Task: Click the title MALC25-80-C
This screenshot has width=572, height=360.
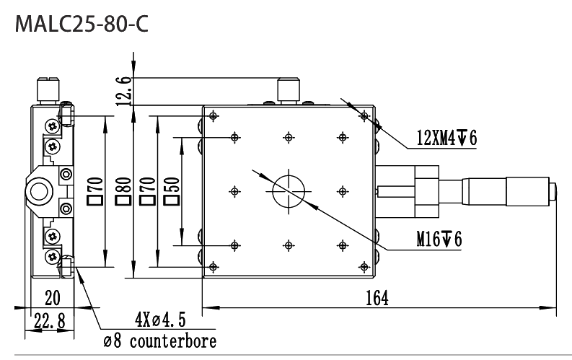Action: coord(82,25)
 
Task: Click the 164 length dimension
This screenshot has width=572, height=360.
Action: coord(377,298)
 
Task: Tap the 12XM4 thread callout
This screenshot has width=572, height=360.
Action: coord(447,139)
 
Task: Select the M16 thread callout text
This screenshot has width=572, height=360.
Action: coord(439,240)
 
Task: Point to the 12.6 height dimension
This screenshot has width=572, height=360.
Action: coord(124,91)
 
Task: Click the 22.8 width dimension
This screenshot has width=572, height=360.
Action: coord(49,321)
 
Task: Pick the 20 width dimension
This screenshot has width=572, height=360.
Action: coord(52,298)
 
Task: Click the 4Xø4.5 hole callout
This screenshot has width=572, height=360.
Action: coord(160,320)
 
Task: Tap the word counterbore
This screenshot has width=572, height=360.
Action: coord(173,341)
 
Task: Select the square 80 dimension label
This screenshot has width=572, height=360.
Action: coord(123,190)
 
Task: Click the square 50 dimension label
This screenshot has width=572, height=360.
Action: coord(172,190)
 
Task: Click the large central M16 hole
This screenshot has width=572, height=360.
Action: coord(289,190)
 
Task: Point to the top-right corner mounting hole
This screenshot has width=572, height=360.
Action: coord(364,116)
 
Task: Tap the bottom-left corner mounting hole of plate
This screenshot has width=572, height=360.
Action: coord(214,267)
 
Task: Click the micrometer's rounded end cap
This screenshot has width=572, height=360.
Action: coord(553,191)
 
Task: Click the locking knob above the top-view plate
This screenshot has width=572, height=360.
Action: coord(289,90)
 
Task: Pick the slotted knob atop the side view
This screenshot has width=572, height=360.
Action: coord(48,89)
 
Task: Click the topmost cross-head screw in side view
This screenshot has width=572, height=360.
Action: coord(53,126)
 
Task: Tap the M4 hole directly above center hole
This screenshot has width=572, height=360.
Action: coord(289,138)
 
